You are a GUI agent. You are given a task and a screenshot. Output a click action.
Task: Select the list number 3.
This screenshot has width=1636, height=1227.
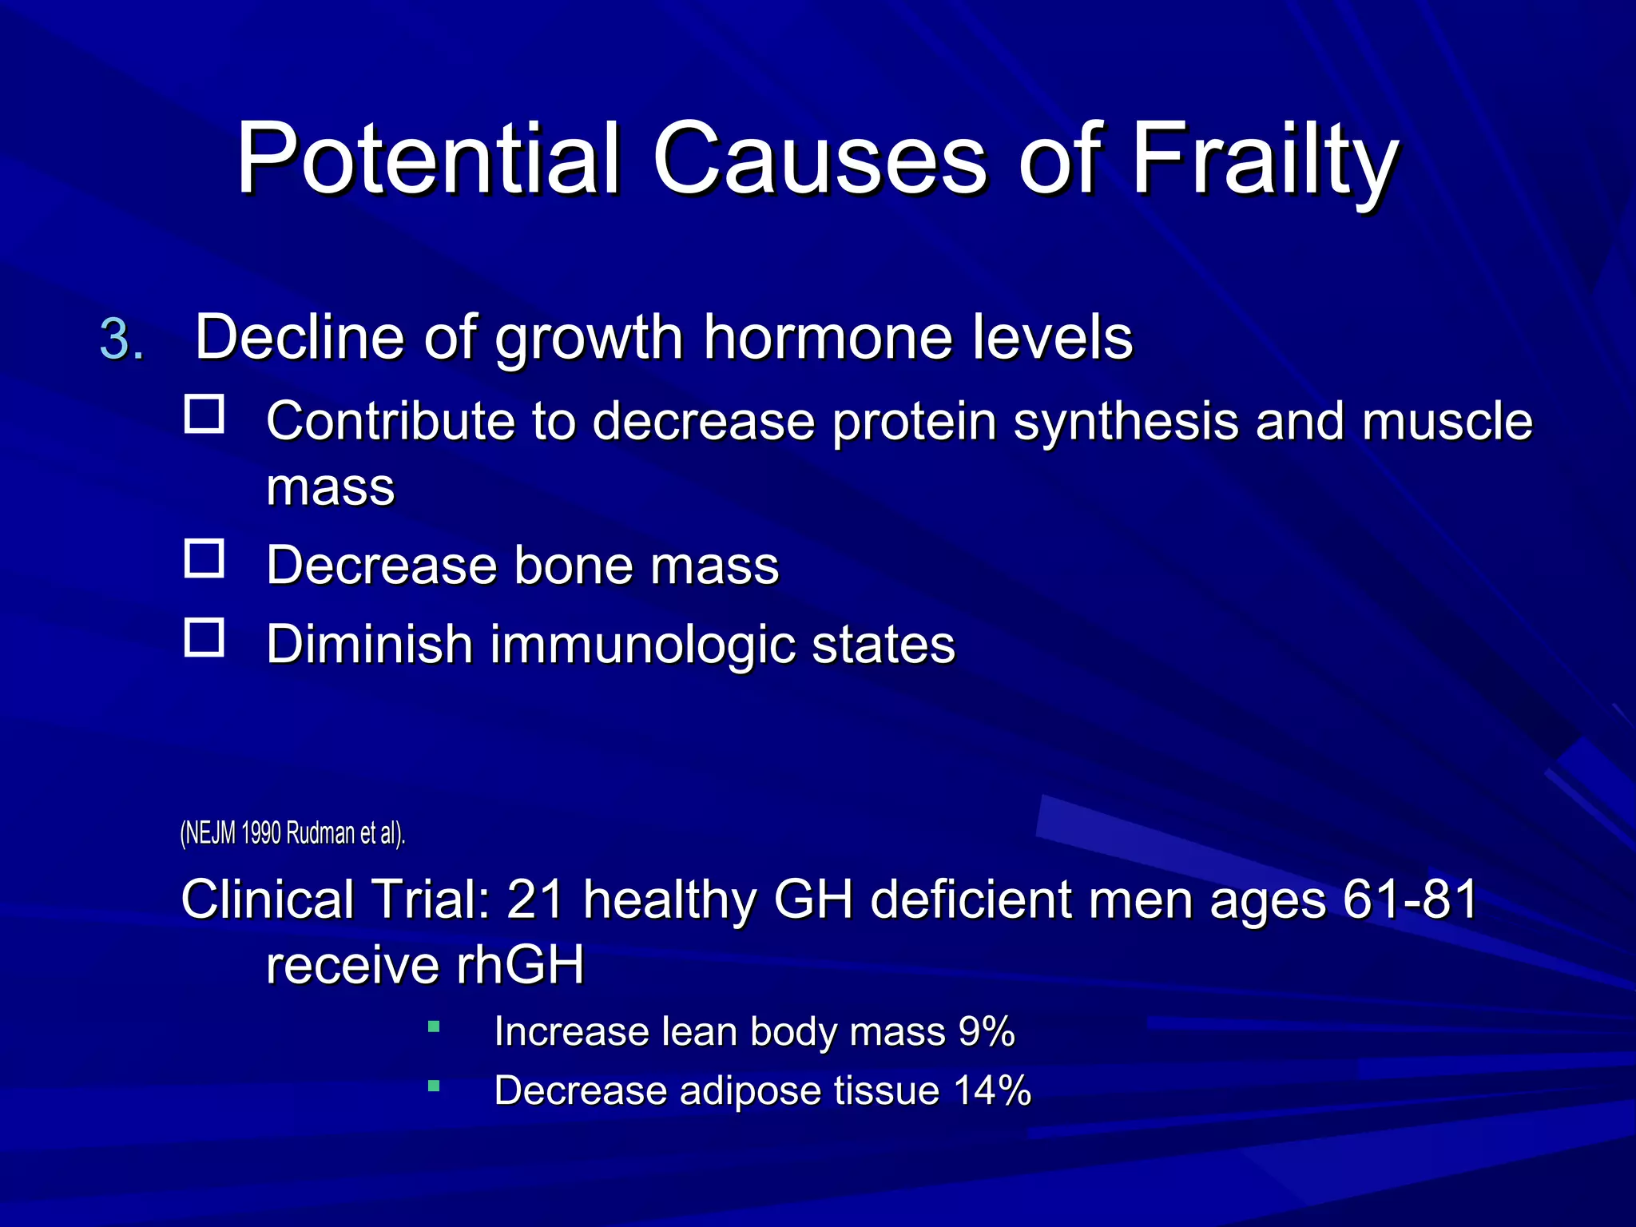pos(121,339)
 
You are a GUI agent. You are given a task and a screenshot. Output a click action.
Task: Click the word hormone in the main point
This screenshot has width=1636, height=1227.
pos(828,337)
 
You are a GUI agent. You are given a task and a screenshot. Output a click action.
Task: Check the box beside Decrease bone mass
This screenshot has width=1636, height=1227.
pos(204,558)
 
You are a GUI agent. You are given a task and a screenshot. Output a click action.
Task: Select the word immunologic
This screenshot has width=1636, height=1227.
pos(642,645)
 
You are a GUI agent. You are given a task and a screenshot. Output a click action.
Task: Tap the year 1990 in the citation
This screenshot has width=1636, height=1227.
pos(260,833)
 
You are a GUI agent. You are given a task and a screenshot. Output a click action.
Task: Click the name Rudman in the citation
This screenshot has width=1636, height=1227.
pos(320,833)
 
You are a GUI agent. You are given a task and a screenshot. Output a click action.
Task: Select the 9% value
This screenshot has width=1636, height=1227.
pos(987,1031)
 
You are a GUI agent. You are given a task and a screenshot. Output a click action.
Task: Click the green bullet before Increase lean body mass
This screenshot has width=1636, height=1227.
pos(434,1026)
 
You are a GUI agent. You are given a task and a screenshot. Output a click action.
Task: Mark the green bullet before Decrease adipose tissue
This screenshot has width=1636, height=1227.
pos(434,1086)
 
